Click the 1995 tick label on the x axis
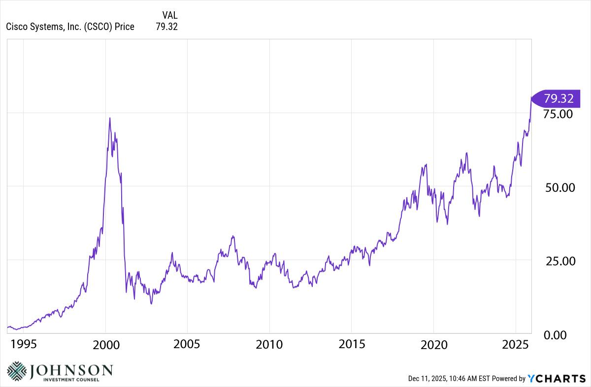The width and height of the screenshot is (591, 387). pyautogui.click(x=24, y=344)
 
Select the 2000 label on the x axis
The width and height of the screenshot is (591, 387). pyautogui.click(x=106, y=344)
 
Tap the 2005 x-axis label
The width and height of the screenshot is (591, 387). pyautogui.click(x=188, y=344)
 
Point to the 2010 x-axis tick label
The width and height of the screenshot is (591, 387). pyautogui.click(x=269, y=344)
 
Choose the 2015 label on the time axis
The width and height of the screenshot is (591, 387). pyautogui.click(x=352, y=344)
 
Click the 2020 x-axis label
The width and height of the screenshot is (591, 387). pyautogui.click(x=433, y=344)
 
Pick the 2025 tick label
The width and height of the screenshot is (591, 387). pyautogui.click(x=515, y=344)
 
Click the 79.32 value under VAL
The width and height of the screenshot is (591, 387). pyautogui.click(x=166, y=27)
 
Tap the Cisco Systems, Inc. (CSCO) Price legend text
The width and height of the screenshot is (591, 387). pyautogui.click(x=70, y=27)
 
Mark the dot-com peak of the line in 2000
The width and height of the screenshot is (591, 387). pyautogui.click(x=110, y=118)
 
